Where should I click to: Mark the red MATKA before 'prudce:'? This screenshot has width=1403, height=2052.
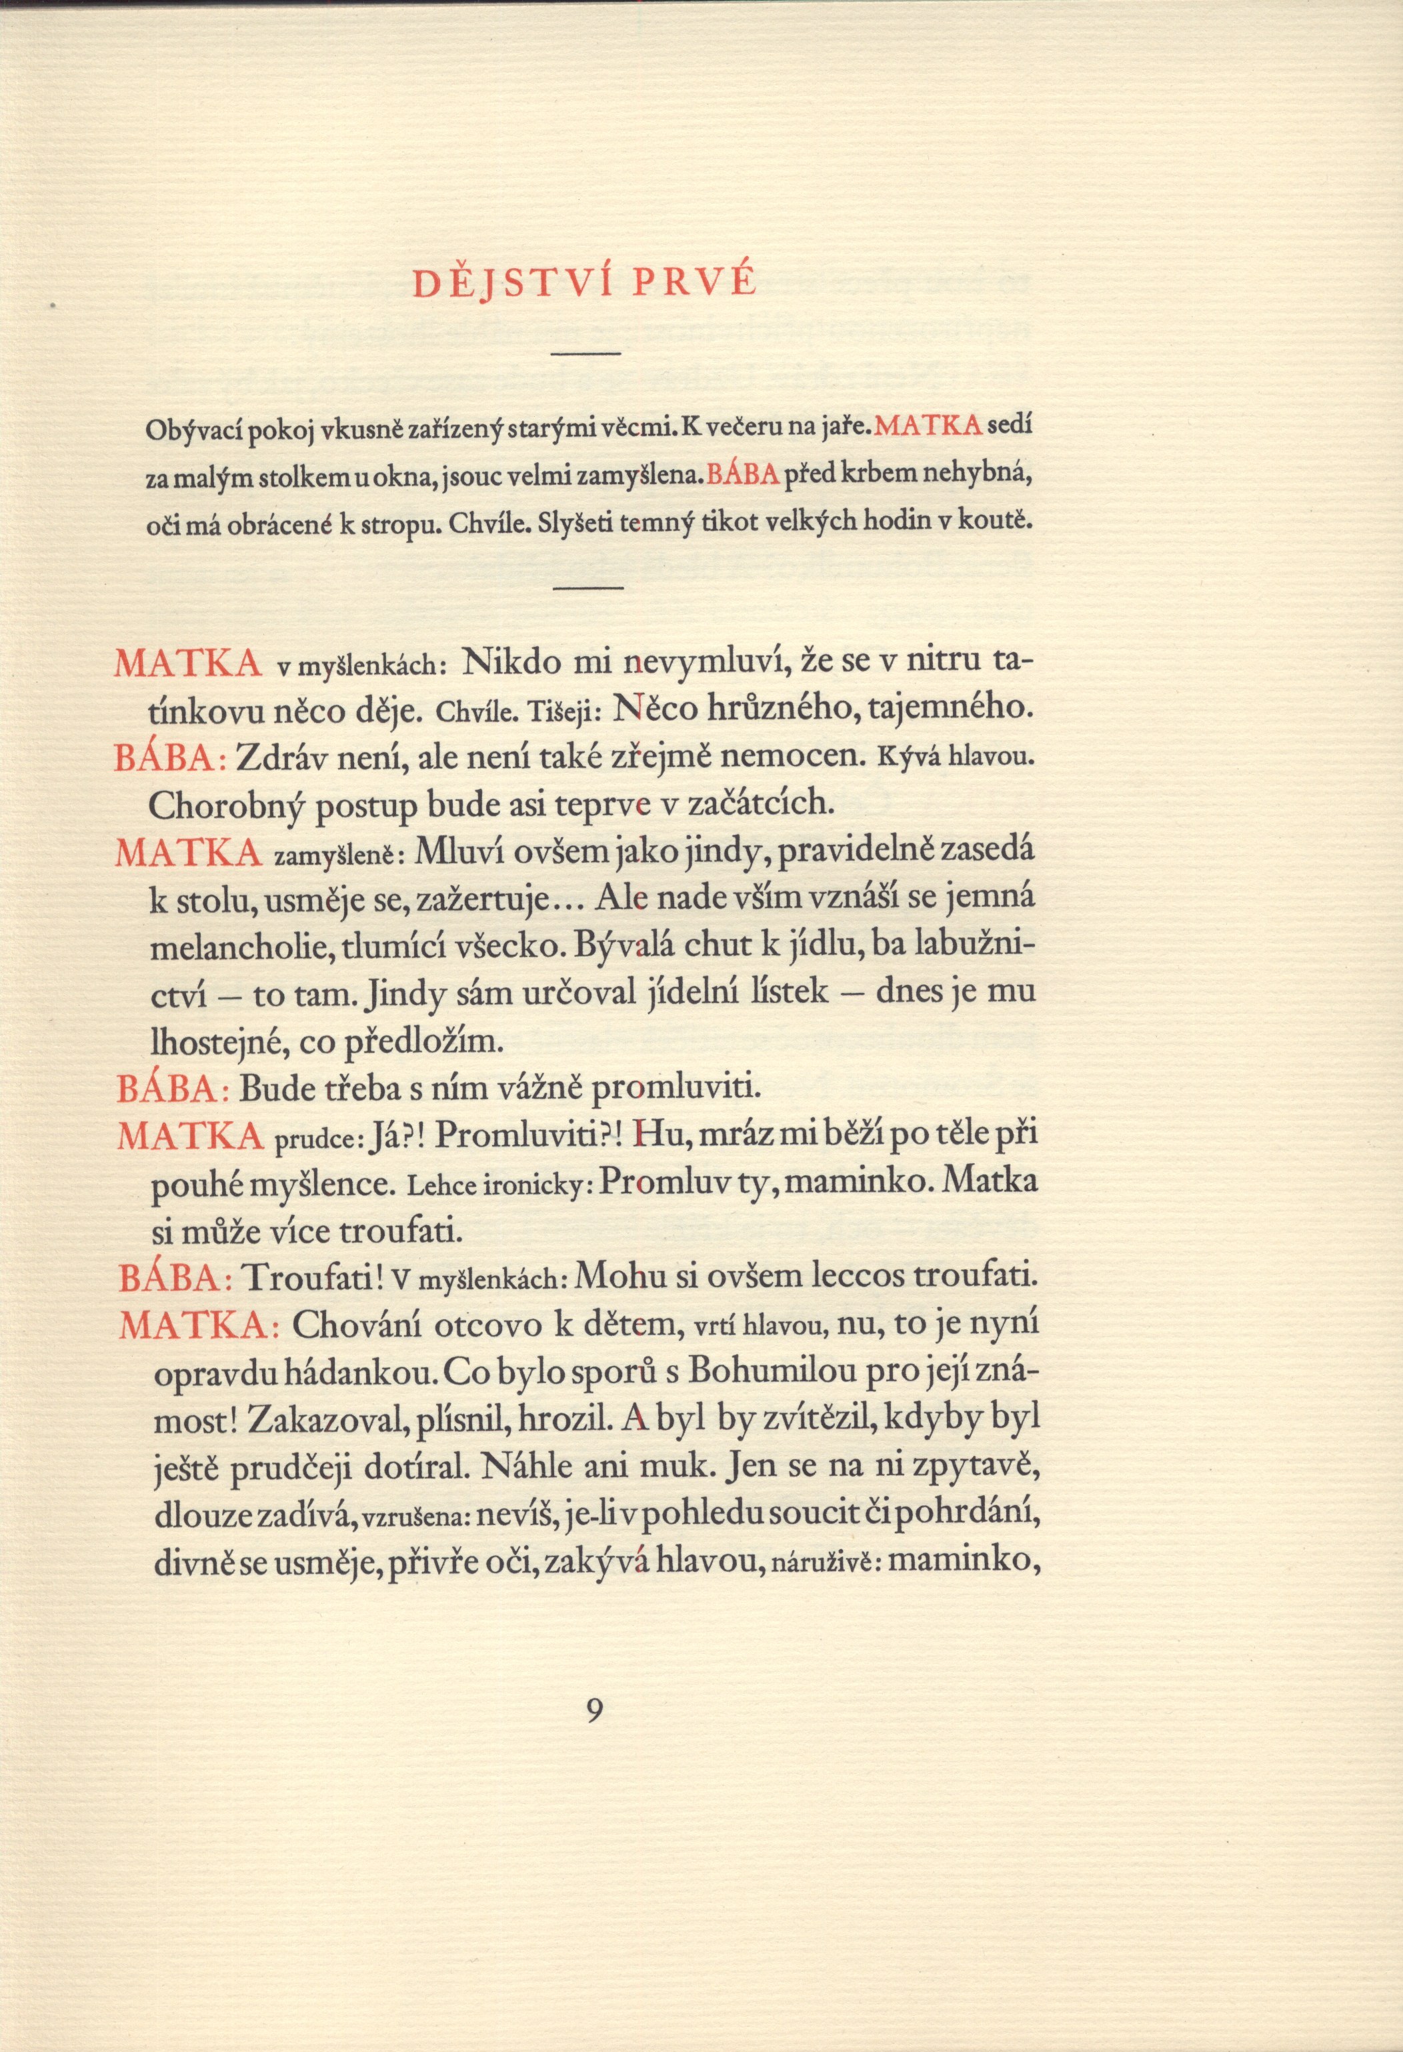click(190, 1136)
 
